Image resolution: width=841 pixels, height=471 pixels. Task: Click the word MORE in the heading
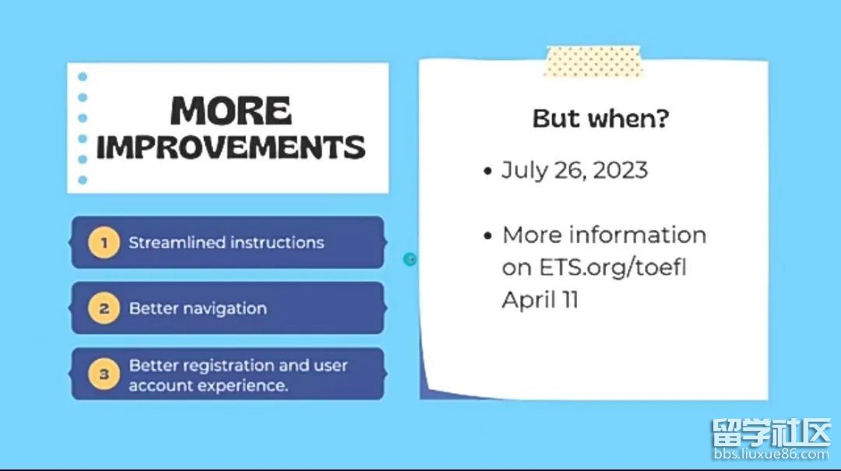[x=231, y=111]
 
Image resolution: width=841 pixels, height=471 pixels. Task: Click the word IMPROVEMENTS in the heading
[x=231, y=147]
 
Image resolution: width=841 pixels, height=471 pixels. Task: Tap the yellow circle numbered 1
[x=104, y=242]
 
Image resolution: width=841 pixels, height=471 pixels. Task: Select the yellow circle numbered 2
[x=104, y=308]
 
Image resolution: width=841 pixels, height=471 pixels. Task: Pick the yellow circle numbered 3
[x=104, y=374]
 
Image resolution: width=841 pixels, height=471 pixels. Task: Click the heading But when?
[x=600, y=118]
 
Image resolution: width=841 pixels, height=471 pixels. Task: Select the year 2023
[x=621, y=170]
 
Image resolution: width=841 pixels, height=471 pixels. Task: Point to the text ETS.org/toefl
[x=613, y=267]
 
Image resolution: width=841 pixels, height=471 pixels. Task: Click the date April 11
[x=540, y=300]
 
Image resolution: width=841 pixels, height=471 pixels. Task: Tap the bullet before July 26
[x=487, y=172]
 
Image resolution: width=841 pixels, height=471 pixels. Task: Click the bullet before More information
[x=487, y=236]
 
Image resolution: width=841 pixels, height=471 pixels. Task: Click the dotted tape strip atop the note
[x=593, y=62]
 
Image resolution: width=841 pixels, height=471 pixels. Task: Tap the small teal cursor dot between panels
[x=410, y=260]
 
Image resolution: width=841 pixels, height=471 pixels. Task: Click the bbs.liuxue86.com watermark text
[x=771, y=455]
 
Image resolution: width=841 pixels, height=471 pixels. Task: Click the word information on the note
[x=638, y=235]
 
